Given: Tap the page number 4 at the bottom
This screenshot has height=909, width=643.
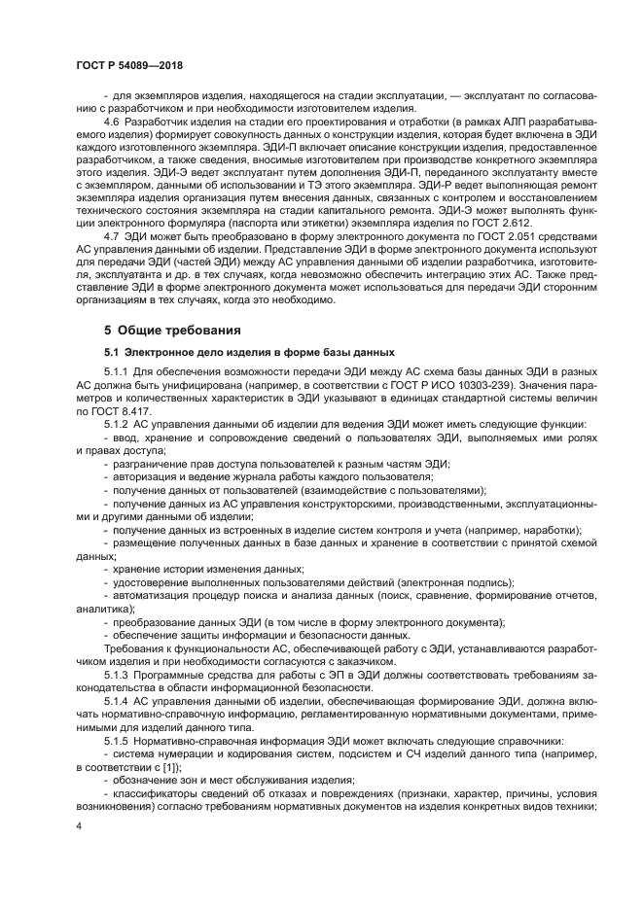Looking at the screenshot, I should [x=79, y=825].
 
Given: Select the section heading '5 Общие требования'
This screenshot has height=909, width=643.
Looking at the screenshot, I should [x=167, y=330].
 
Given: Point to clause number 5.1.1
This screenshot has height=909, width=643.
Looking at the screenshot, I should [x=117, y=374].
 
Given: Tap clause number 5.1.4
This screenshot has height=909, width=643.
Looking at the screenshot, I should [x=117, y=699].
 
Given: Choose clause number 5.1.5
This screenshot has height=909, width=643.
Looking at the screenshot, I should [x=117, y=737].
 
